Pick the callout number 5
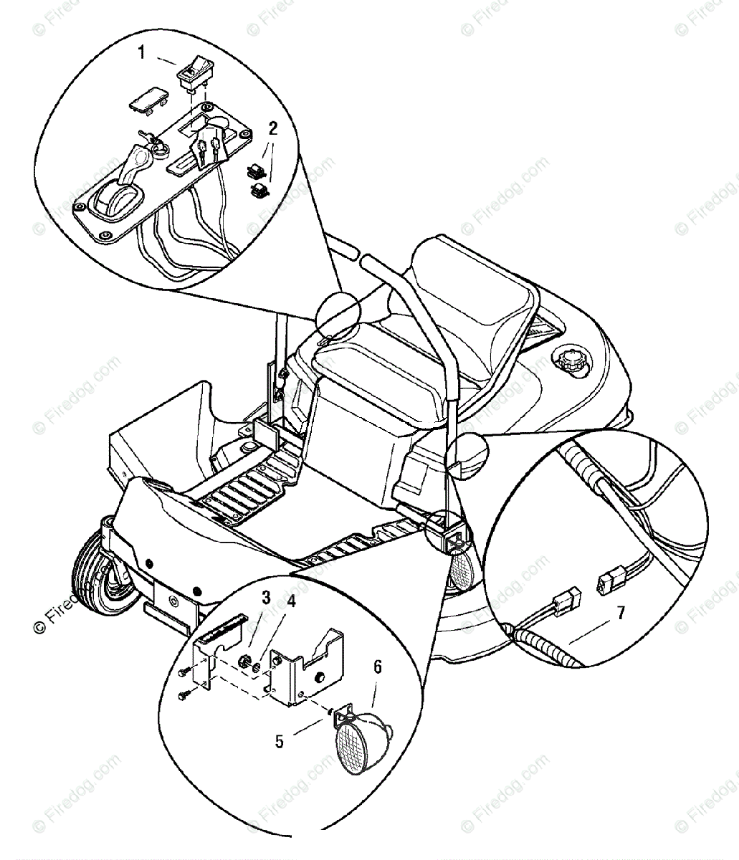tap(280, 740)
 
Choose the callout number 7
tap(621, 612)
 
